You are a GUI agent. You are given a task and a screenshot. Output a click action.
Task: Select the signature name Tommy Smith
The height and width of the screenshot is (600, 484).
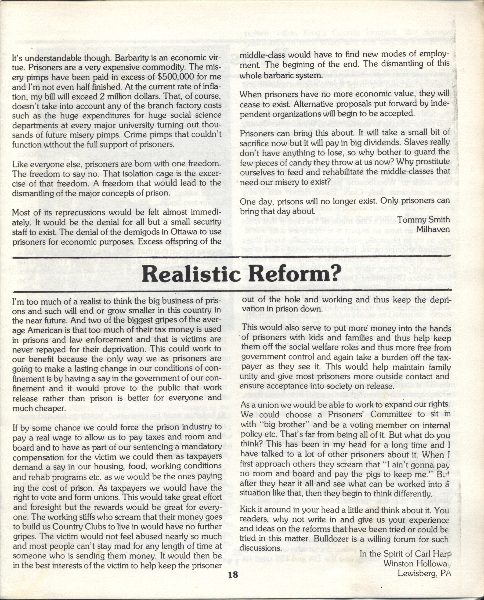coord(423,220)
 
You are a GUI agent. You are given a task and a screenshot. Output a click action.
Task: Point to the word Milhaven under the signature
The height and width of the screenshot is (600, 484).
coord(433,229)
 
